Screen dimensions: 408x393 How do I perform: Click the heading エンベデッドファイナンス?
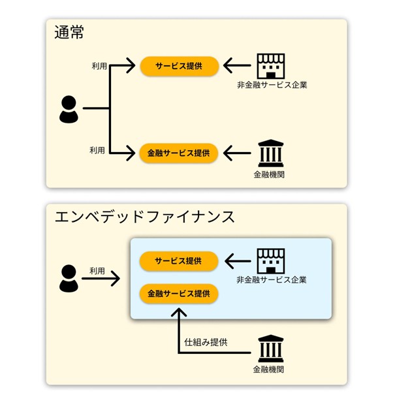(144, 217)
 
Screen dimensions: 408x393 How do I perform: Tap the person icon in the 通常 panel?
(69, 110)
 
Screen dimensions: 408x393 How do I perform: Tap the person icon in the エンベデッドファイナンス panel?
(69, 279)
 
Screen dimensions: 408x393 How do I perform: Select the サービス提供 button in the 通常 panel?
(178, 66)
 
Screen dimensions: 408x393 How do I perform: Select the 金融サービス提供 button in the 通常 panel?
(178, 153)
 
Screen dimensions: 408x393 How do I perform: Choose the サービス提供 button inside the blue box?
(178, 261)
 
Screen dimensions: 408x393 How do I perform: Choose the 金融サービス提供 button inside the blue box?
(178, 293)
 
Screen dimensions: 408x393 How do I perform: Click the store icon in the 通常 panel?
(271, 65)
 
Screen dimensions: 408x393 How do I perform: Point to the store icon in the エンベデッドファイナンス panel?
(271, 260)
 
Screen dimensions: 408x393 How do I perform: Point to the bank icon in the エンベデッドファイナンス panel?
(271, 349)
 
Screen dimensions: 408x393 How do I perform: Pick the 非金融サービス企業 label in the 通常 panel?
(272, 85)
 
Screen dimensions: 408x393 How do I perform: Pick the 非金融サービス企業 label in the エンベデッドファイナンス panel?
(272, 280)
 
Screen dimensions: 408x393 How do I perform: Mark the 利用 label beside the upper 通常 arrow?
(100, 67)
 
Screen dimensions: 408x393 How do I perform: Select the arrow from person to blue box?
(101, 279)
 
